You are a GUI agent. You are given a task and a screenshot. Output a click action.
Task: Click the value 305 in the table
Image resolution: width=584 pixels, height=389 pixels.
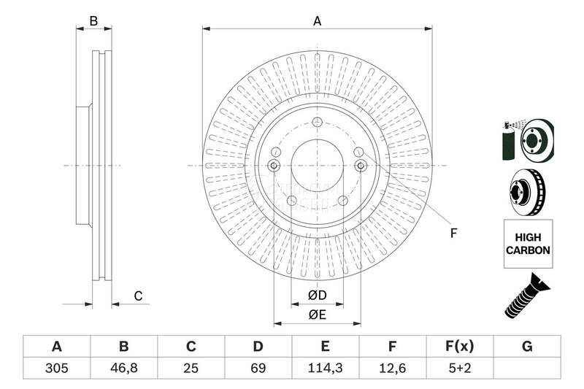[x=56, y=369]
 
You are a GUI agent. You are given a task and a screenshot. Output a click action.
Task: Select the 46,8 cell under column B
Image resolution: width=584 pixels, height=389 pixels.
[x=123, y=369]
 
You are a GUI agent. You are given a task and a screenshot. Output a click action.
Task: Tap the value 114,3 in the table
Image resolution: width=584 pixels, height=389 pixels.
[x=325, y=369]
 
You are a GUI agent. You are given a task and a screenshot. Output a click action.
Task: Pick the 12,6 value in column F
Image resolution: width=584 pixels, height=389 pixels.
[x=392, y=369]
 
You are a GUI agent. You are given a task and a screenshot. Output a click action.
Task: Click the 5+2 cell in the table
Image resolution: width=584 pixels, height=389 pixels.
[x=460, y=369]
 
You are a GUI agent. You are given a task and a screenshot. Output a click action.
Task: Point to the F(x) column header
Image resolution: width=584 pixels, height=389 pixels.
[x=460, y=347]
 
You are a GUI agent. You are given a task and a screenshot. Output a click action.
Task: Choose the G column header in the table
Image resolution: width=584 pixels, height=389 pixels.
[x=527, y=347]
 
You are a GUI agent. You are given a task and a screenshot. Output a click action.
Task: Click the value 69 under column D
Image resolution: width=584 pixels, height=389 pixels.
[x=258, y=369]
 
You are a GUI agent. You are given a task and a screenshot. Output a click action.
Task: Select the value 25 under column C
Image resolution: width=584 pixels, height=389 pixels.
[x=191, y=369]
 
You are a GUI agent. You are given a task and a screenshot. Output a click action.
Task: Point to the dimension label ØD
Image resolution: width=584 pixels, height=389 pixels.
[x=316, y=295]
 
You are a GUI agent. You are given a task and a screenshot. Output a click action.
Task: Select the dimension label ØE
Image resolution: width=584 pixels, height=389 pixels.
[x=316, y=315]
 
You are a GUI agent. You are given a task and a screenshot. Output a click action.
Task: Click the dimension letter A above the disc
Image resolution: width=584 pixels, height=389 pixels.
[x=317, y=21]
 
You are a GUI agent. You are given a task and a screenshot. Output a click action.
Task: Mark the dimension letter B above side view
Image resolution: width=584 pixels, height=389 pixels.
[x=93, y=21]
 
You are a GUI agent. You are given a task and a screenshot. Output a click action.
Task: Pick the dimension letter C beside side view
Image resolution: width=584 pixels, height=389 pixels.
[x=137, y=296]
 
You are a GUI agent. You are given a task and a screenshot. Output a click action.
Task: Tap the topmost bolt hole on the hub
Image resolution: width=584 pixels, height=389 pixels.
[x=317, y=122]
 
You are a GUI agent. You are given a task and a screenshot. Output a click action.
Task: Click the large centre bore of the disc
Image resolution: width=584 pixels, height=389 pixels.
[x=317, y=166]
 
